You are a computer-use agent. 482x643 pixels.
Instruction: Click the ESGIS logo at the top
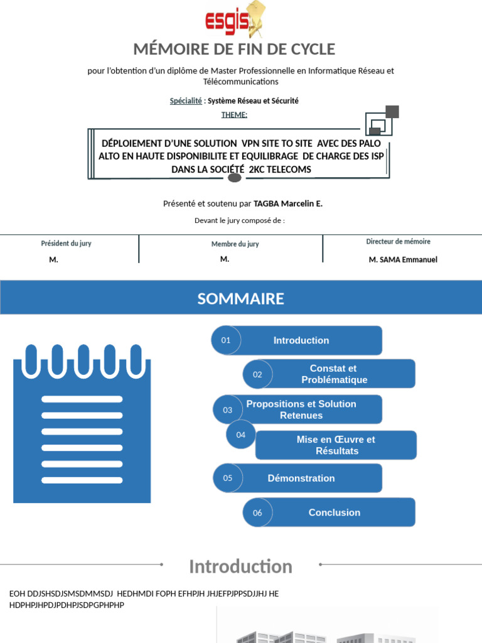pyautogui.click(x=234, y=21)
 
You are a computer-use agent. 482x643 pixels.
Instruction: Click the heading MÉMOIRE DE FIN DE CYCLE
pyautogui.click(x=234, y=49)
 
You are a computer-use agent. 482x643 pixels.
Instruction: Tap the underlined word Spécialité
pyautogui.click(x=186, y=100)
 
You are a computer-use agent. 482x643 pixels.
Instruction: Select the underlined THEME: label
pyautogui.click(x=234, y=114)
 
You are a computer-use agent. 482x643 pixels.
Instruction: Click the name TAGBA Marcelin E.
pyautogui.click(x=288, y=203)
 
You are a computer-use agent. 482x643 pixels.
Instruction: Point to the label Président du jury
pyautogui.click(x=66, y=243)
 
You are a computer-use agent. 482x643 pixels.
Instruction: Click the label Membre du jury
pyautogui.click(x=235, y=244)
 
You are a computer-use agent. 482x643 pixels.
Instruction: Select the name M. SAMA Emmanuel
pyautogui.click(x=403, y=259)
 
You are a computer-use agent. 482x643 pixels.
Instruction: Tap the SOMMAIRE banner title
pyautogui.click(x=241, y=299)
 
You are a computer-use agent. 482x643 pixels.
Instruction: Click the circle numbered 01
pyautogui.click(x=226, y=340)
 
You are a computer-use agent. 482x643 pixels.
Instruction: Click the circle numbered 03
pyautogui.click(x=227, y=410)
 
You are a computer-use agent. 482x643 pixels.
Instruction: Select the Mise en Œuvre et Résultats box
pyautogui.click(x=336, y=445)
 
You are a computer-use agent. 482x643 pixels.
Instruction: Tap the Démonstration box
pyautogui.click(x=301, y=478)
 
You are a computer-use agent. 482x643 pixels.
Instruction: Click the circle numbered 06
pyautogui.click(x=257, y=512)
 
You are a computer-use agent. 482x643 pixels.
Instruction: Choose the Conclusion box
pyautogui.click(x=335, y=512)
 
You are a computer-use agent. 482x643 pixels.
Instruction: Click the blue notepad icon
pyautogui.click(x=82, y=424)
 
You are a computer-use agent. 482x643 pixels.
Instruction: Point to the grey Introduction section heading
pyautogui.click(x=240, y=566)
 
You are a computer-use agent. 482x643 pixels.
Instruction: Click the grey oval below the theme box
pyautogui.click(x=235, y=178)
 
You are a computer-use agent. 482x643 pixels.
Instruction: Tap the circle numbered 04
pyautogui.click(x=241, y=435)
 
